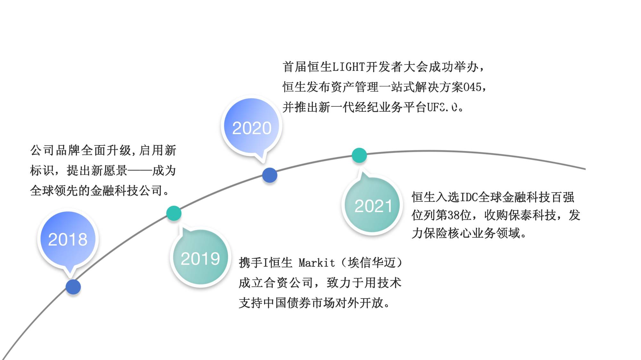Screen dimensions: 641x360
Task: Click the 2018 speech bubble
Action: (x=68, y=239)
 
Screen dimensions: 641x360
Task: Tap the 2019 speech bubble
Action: (x=200, y=258)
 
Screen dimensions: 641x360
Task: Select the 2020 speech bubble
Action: (x=252, y=127)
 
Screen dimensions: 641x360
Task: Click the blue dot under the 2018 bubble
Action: (x=73, y=287)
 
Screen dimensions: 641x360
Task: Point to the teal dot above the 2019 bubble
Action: (x=174, y=213)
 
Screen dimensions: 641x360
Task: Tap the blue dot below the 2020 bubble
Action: (x=270, y=175)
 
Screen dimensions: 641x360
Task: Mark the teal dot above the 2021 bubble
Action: (x=359, y=155)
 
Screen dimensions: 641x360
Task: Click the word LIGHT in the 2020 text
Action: (x=349, y=67)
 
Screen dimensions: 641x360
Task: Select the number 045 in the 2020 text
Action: (x=472, y=87)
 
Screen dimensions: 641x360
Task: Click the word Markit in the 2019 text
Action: (x=317, y=263)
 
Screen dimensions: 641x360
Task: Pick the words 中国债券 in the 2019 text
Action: (x=281, y=303)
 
